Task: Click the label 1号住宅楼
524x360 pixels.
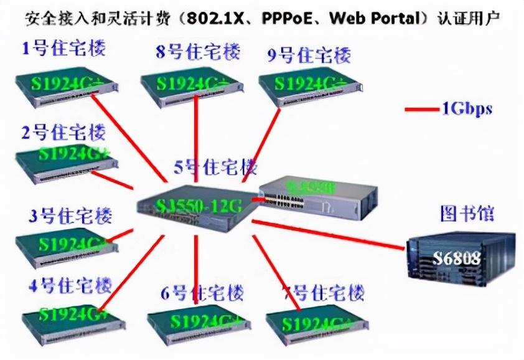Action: pyautogui.click(x=63, y=49)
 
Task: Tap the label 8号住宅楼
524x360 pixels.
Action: pyautogui.click(x=198, y=52)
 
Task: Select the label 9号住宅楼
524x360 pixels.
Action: pyautogui.click(x=309, y=54)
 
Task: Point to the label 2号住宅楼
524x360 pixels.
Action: pyautogui.click(x=63, y=132)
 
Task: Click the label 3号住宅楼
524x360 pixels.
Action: pyautogui.click(x=70, y=216)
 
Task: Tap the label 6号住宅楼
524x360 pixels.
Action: pyautogui.click(x=202, y=293)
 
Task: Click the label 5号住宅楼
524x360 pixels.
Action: pyautogui.click(x=215, y=167)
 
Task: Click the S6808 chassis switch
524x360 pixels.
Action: pyautogui.click(x=461, y=258)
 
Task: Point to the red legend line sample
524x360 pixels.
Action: pyautogui.click(x=421, y=110)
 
